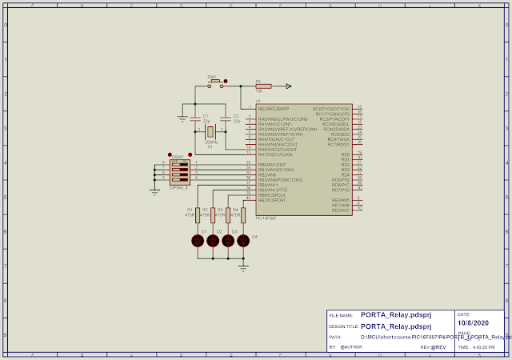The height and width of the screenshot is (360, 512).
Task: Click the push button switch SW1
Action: (x=214, y=83)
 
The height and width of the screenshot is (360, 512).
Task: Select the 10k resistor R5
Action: (x=263, y=86)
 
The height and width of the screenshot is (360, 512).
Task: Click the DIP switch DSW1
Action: (x=179, y=171)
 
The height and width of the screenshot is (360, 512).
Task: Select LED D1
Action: (x=198, y=240)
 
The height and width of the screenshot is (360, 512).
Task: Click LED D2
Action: (x=213, y=240)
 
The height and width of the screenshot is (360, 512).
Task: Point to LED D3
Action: (x=228, y=240)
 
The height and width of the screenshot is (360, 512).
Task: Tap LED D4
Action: (x=243, y=240)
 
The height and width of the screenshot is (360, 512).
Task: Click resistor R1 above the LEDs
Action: (x=198, y=214)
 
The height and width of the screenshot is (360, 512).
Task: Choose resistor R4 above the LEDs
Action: (x=243, y=214)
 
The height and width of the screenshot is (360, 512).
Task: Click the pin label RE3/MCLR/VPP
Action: (x=274, y=108)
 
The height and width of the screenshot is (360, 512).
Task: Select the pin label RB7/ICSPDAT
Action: (x=272, y=200)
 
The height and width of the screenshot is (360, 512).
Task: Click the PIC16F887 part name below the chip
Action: (x=266, y=218)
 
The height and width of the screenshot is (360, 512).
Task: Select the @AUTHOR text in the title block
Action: (x=352, y=347)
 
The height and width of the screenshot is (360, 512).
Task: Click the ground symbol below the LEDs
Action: (x=243, y=267)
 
